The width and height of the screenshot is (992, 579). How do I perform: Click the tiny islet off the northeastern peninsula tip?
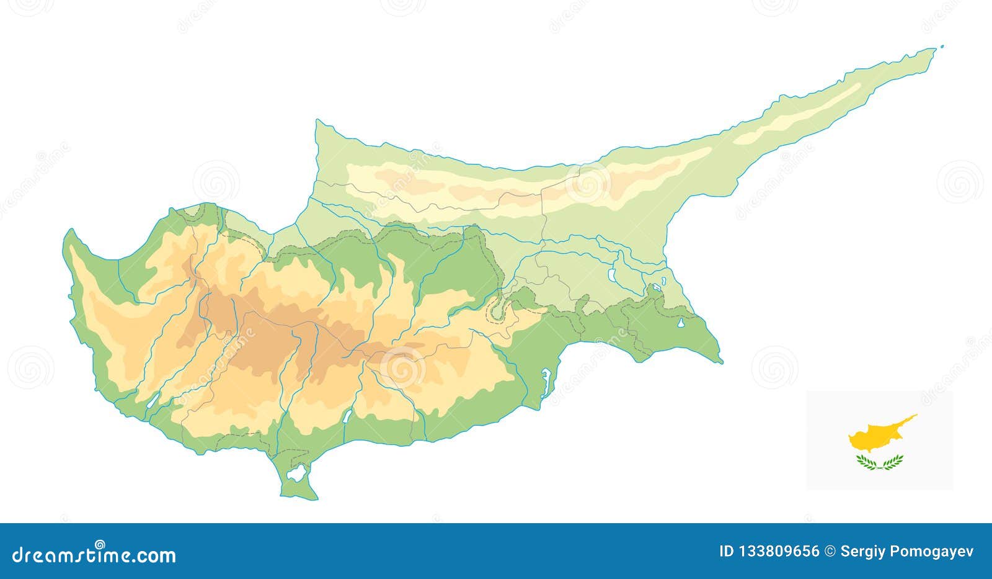click(x=941, y=46)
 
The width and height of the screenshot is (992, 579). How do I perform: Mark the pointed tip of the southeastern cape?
click(x=722, y=362)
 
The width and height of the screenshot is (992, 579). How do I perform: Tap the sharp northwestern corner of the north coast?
click(x=317, y=121)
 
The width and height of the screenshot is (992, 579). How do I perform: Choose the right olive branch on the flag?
click(x=892, y=461)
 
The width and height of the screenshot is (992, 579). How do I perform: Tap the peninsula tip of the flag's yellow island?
click(x=916, y=415)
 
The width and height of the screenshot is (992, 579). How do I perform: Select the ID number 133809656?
click(x=777, y=551)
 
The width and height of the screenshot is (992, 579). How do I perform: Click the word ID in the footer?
click(x=727, y=551)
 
